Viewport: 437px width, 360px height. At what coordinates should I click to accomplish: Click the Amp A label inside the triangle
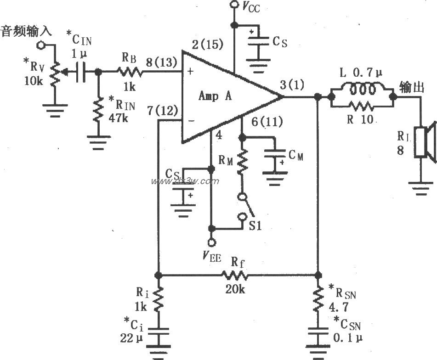point(216,96)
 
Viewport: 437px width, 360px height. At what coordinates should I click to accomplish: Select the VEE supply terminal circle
point(212,242)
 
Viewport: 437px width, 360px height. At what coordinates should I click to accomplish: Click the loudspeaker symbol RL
point(426,142)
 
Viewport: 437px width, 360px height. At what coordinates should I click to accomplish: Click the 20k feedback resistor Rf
point(235,276)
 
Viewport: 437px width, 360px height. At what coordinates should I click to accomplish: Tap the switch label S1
point(255,226)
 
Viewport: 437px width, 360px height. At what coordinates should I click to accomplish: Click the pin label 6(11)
point(267,122)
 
